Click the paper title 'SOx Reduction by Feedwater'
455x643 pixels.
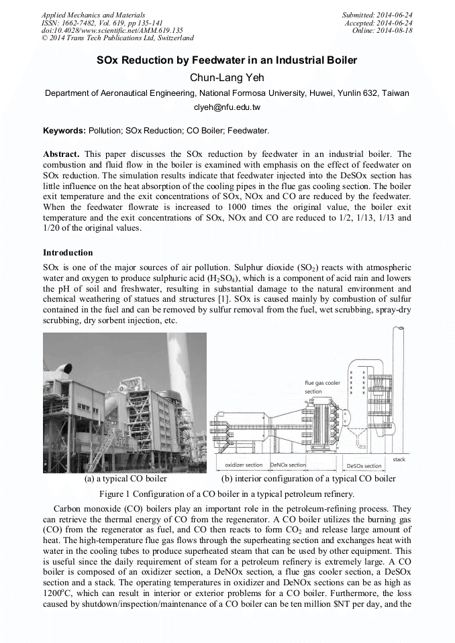227,61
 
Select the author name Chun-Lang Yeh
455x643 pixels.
227,78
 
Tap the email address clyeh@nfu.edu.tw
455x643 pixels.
227,107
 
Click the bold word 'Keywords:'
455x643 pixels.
64,130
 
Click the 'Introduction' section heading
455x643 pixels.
68,253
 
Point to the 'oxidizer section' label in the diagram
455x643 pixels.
244,465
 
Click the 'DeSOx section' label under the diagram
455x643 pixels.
364,465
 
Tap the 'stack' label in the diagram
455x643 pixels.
399,459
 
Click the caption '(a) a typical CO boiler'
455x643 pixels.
125,479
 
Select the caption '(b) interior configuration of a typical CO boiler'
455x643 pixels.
308,479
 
